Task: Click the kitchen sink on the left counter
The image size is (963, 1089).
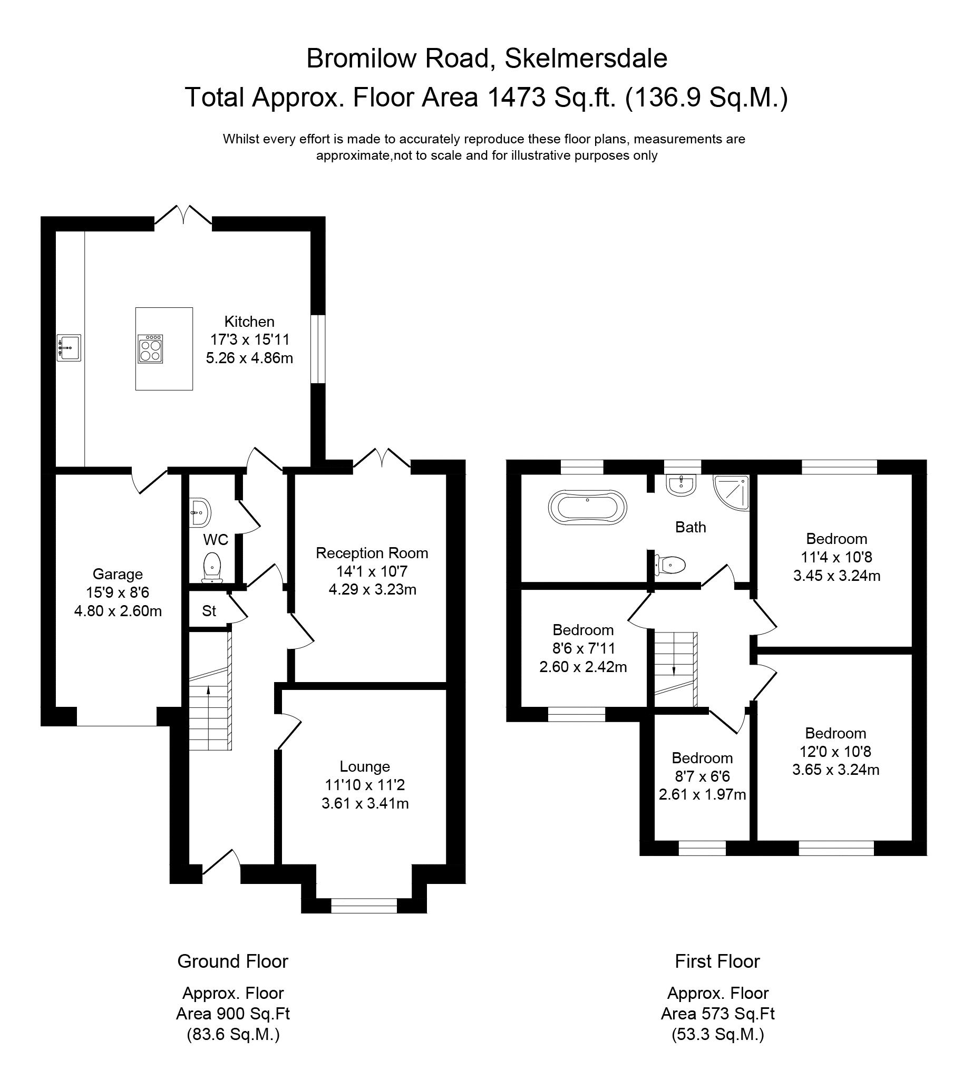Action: coord(69,348)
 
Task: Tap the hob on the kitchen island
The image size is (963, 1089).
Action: coord(150,349)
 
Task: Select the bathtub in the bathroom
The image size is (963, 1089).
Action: coord(587,507)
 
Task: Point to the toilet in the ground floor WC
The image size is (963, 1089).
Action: coord(212,567)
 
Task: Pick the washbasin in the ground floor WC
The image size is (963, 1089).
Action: coord(200,512)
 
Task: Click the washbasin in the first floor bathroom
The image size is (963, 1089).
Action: coord(680,485)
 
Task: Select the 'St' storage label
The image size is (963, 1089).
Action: coord(209,610)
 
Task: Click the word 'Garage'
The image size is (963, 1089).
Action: coord(118,575)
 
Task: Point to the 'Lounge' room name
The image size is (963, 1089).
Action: coord(365,766)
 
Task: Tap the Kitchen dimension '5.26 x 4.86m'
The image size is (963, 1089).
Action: coord(249,358)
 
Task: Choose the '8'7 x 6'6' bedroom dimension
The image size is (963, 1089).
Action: coord(702,776)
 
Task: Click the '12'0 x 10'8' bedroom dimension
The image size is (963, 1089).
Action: coord(835,752)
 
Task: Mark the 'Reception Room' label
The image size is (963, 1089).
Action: coord(372,553)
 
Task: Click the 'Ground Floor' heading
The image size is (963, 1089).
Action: coord(233,961)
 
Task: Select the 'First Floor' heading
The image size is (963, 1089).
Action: coord(717,961)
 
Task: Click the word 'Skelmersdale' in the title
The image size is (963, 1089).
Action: coord(586,59)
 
